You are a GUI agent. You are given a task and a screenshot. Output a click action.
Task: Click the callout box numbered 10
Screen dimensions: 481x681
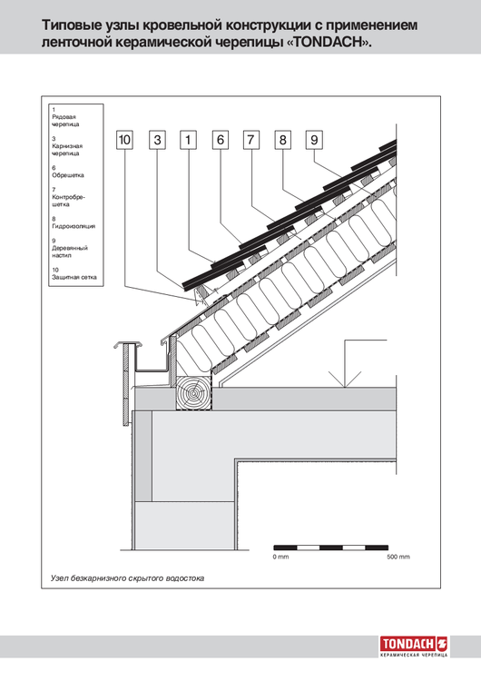click(x=124, y=140)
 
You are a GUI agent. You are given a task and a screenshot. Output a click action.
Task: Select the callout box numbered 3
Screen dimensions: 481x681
click(x=157, y=140)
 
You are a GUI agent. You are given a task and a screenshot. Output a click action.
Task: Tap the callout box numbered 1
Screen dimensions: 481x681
click(x=188, y=140)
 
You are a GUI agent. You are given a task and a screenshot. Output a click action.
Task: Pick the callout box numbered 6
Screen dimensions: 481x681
click(x=221, y=140)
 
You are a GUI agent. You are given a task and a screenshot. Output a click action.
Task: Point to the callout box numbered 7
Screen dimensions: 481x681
click(x=250, y=140)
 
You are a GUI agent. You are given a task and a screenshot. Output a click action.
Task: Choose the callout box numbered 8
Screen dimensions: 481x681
click(x=282, y=140)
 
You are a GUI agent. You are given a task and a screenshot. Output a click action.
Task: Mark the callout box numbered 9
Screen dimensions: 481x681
click(x=314, y=140)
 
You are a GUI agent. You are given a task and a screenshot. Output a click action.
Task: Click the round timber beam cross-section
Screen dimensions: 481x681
click(x=194, y=393)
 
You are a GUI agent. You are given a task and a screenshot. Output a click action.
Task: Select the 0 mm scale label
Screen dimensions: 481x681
click(x=280, y=557)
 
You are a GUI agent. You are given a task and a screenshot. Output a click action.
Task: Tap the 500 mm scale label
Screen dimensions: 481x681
click(x=398, y=557)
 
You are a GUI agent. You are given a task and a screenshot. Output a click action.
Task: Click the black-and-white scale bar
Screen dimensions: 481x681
click(x=330, y=548)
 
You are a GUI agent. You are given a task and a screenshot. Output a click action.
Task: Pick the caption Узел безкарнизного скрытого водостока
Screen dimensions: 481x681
click(x=127, y=578)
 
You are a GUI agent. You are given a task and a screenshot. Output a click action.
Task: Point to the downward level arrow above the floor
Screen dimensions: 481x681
click(x=345, y=363)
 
